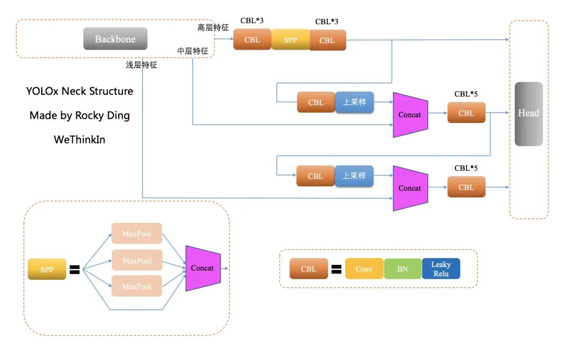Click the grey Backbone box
point(115,39)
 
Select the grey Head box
point(528,113)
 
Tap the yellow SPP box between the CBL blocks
point(290,40)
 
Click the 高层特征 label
point(213,27)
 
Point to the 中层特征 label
point(193,51)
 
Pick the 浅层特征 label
point(141,65)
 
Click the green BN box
point(402,269)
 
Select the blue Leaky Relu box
point(441,269)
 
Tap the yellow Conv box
point(364,269)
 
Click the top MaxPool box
point(137,233)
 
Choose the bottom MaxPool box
point(137,286)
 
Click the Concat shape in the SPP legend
point(203,268)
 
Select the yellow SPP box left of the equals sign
point(47,269)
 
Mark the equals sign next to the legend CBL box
point(336,270)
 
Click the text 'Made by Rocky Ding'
point(80,116)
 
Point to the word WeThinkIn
point(80,140)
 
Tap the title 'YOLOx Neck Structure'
point(80,91)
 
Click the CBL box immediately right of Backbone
point(252,40)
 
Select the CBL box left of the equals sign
point(309,269)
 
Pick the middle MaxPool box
point(137,260)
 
